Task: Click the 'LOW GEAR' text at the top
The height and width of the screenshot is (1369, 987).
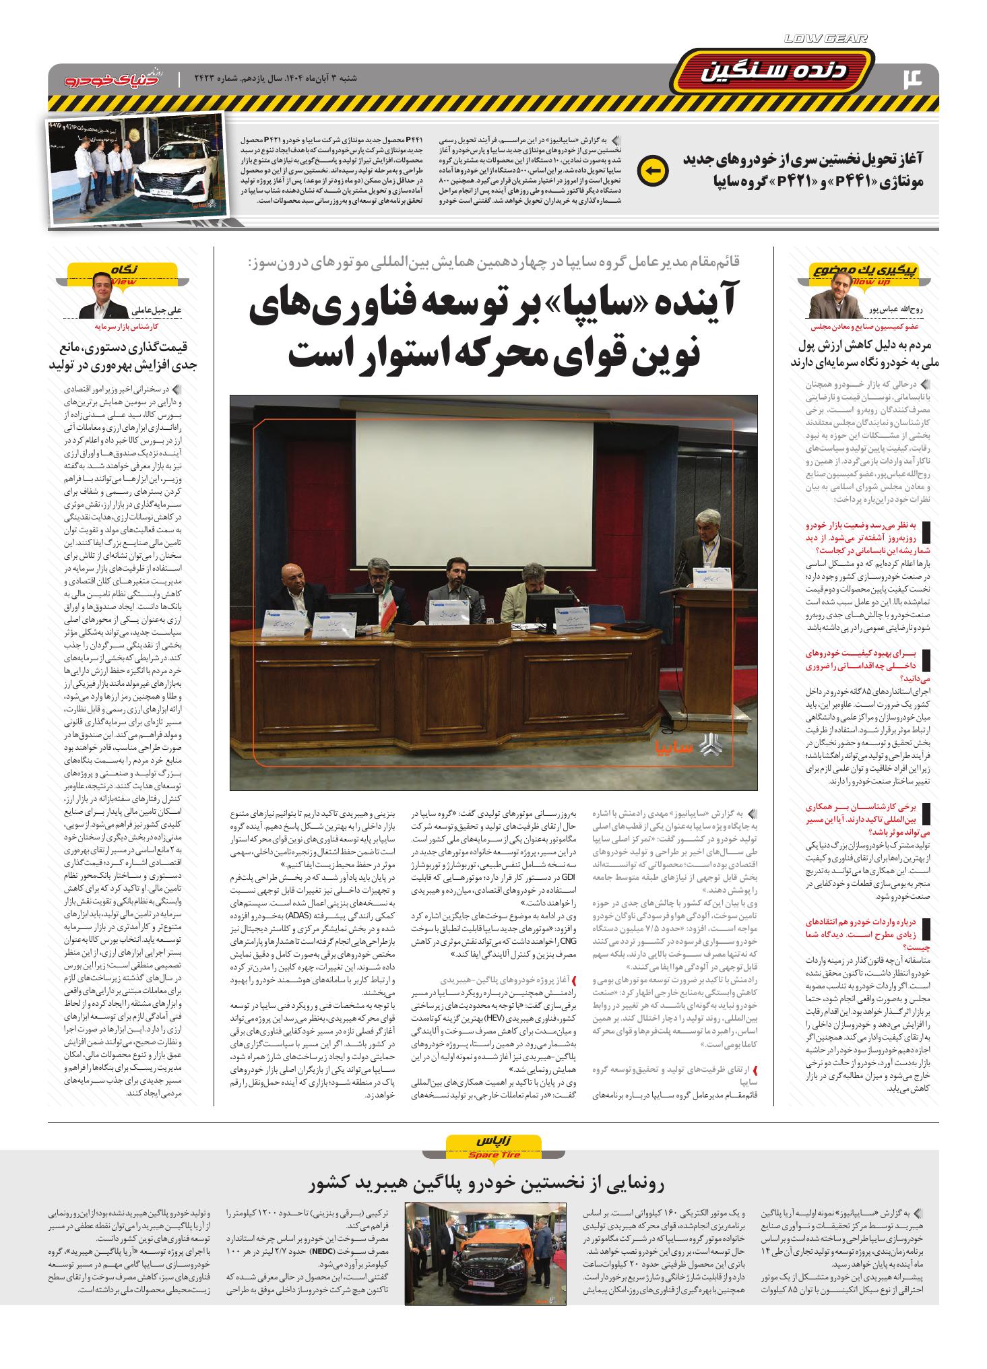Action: pos(826,40)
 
